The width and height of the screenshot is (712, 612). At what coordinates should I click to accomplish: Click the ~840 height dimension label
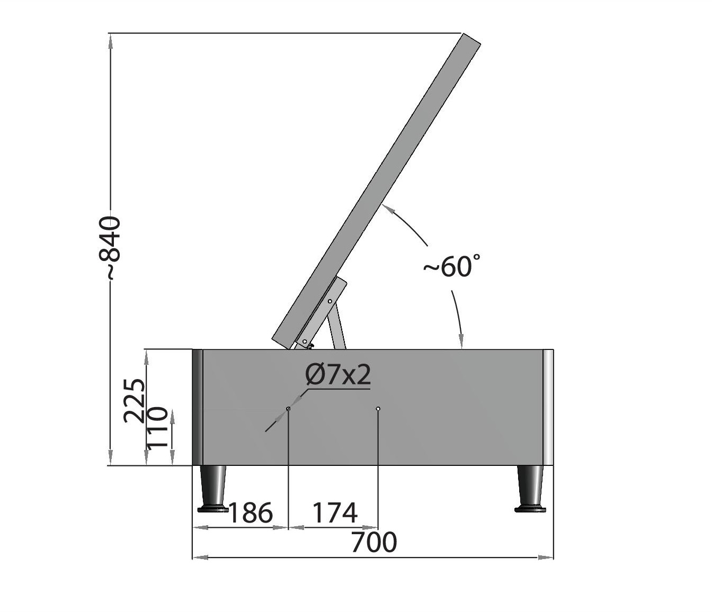(x=112, y=248)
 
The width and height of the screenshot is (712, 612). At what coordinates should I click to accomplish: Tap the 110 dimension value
(x=157, y=428)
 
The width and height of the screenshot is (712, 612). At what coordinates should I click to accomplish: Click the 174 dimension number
(x=335, y=512)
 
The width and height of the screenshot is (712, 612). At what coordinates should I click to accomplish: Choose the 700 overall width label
(x=374, y=543)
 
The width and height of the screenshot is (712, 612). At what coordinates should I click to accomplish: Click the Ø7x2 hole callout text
(x=338, y=375)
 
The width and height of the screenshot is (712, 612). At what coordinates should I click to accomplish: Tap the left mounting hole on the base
(x=288, y=409)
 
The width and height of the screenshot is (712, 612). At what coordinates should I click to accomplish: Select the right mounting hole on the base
(x=378, y=409)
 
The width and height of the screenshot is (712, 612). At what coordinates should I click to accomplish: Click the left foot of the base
(x=212, y=490)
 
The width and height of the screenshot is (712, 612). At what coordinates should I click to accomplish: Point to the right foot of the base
(x=530, y=490)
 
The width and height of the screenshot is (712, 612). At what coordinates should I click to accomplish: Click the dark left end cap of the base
(x=197, y=407)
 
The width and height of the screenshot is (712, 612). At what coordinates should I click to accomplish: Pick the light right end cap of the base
(x=548, y=407)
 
